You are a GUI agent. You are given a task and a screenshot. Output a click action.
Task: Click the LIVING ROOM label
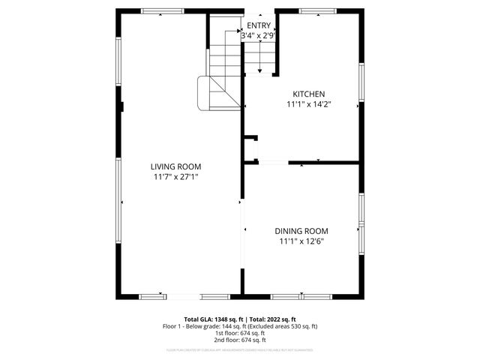pos(175,166)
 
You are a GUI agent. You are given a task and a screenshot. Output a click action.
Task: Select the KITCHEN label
pos(309,94)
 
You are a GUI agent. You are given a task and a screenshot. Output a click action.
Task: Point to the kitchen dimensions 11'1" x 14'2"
pos(309,104)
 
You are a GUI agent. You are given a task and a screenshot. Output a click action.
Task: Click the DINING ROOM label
pos(301,231)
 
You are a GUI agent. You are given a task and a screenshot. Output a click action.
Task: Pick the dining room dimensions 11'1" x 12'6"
pos(301,241)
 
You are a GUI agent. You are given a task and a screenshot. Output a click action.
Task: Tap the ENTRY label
pos(259,25)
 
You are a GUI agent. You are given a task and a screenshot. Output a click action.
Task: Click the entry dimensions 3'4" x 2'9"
pos(259,34)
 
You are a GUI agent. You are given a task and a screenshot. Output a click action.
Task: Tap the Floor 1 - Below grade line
pos(240,326)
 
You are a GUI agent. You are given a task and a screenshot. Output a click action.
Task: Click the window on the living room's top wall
pos(163,11)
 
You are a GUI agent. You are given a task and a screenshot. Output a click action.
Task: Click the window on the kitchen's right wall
pos(361,82)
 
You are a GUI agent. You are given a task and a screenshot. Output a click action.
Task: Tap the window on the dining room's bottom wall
pos(301,296)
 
